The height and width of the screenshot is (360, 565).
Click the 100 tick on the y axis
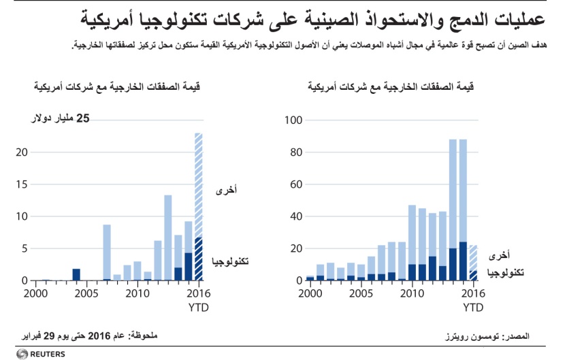(x=292, y=120)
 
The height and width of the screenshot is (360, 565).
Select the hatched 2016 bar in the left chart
(x=198, y=204)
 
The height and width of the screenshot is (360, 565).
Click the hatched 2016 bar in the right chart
(x=473, y=263)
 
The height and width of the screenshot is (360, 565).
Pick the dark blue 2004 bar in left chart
(x=76, y=275)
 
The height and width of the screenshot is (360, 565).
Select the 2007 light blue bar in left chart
(x=107, y=252)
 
